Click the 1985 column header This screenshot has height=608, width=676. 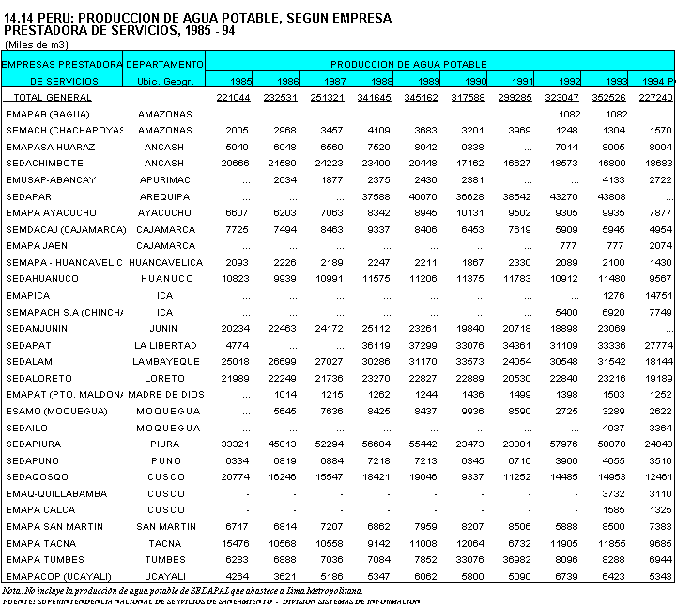pos(240,82)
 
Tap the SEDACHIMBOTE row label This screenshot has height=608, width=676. pos(44,164)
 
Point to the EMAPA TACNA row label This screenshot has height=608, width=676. pos(44,544)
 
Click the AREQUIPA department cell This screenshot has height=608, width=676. pos(165,196)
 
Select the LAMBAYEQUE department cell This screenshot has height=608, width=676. pos(165,361)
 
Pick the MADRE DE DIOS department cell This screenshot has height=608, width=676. pos(165,394)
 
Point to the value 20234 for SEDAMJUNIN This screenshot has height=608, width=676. pos(235,328)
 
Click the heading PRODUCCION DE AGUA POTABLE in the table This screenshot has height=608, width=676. pos(408,64)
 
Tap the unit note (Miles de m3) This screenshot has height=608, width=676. pos(36,44)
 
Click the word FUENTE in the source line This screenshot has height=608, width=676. pos(17,601)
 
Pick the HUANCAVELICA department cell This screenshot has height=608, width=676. pos(165,262)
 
